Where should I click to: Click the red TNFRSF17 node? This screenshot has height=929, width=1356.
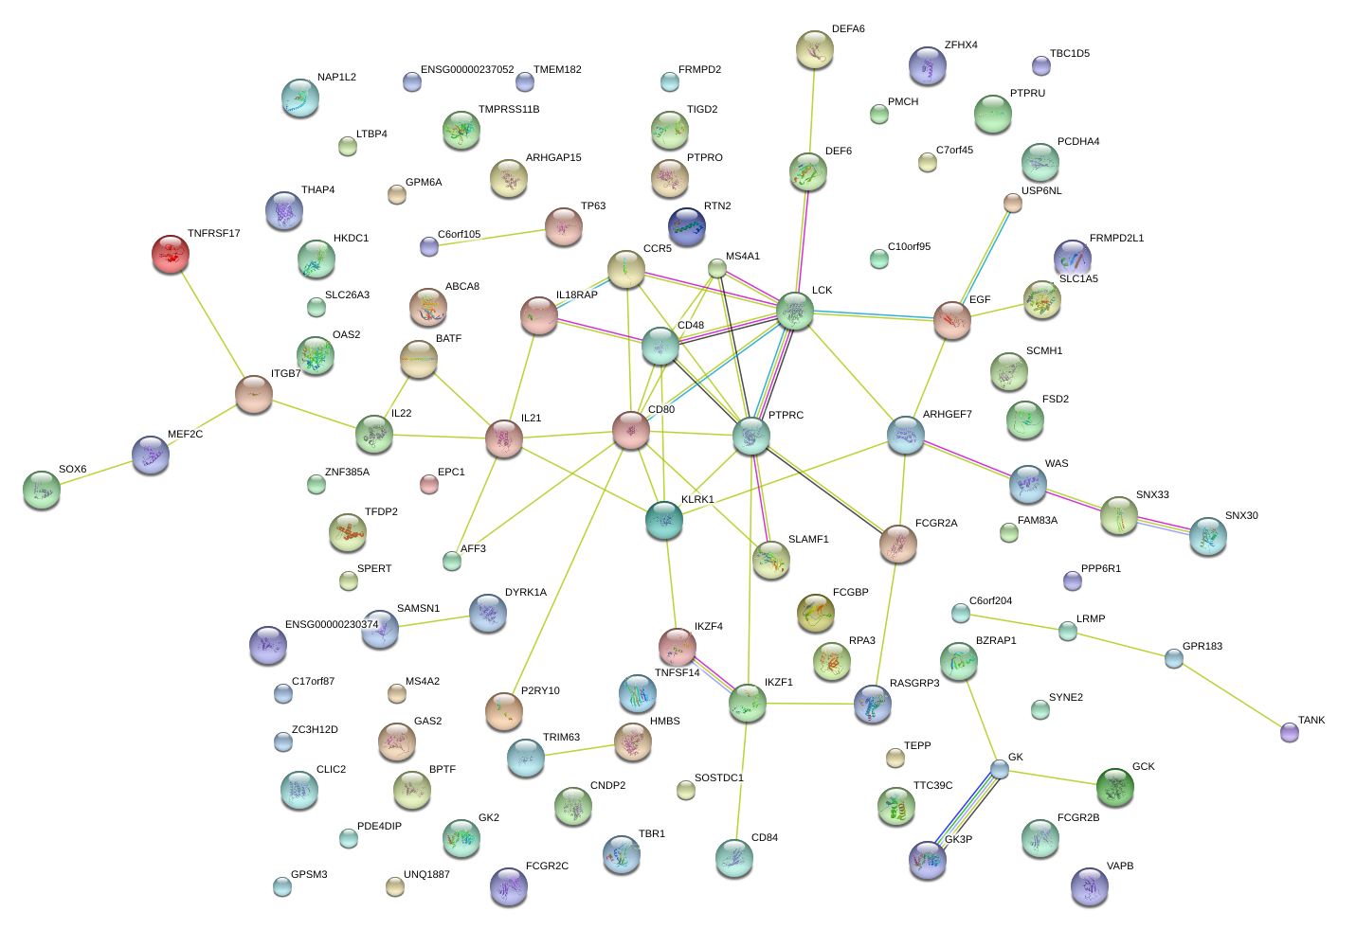point(171,254)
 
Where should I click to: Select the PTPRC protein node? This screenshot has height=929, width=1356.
point(751,436)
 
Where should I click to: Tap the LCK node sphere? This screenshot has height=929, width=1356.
point(795,311)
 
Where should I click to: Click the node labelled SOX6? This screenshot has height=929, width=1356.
point(42,490)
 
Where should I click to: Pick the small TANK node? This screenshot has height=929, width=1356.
point(1289,732)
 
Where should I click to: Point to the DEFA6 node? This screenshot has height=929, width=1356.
point(814,49)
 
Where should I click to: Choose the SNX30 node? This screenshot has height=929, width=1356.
point(1208,536)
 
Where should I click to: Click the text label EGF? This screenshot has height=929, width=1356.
point(980,300)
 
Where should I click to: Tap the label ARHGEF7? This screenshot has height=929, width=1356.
point(947,415)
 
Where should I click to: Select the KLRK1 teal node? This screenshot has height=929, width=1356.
point(664,520)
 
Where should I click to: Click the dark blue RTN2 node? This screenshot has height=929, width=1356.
point(686,226)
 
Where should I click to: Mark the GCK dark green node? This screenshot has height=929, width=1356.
point(1115,787)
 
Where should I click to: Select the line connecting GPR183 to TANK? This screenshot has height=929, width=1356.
point(1232,695)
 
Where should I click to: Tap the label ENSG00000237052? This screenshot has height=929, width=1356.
point(467,70)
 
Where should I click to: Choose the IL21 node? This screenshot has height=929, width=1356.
point(504,438)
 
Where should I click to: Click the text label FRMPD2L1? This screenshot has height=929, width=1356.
point(1116,239)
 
